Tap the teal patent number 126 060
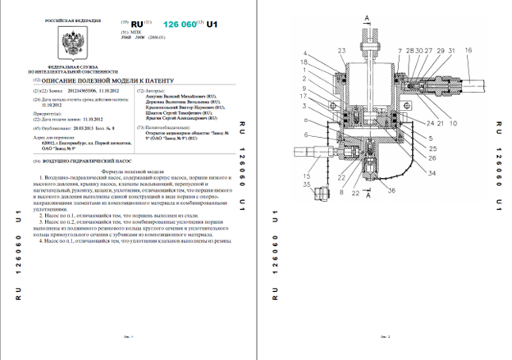[x=181, y=25]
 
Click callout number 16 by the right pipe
[x=469, y=51]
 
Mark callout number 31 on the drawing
[x=440, y=51]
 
